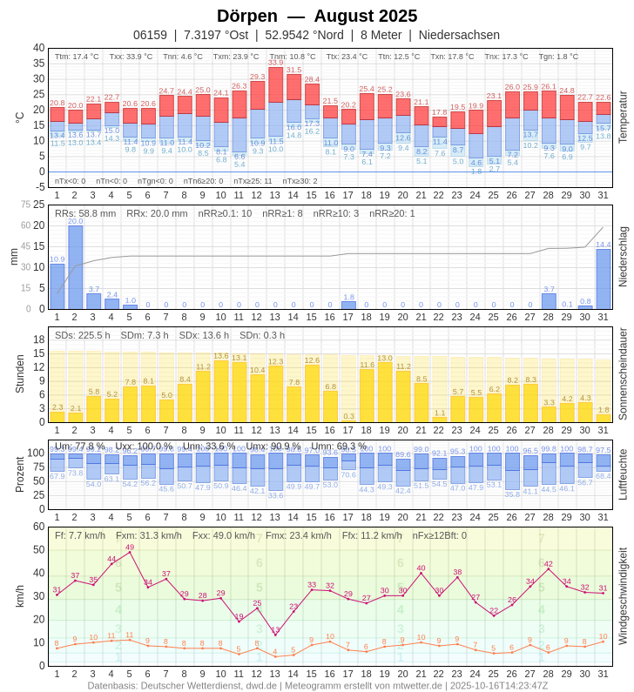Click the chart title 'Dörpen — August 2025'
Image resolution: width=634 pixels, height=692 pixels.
(317, 16)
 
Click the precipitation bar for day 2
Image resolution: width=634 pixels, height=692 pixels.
(76, 266)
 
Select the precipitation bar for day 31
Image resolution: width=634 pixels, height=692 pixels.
(604, 279)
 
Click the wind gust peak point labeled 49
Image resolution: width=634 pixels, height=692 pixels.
(130, 552)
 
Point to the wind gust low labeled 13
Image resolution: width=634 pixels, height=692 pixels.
(275, 635)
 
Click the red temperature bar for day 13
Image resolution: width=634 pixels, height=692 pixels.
(275, 84)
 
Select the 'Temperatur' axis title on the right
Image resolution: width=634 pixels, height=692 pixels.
(623, 117)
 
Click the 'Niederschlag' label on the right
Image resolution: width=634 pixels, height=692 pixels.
(623, 256)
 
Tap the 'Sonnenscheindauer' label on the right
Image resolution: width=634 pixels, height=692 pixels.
(623, 374)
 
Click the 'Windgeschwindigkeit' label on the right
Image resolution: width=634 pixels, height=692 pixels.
(623, 596)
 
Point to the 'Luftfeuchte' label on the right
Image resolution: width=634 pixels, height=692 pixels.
(623, 474)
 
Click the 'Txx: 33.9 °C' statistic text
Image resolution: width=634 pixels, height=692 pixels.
(131, 57)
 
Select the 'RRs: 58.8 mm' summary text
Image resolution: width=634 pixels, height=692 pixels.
(85, 213)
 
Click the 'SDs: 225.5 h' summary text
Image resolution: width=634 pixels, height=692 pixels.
(83, 335)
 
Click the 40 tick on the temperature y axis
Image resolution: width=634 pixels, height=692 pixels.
(39, 48)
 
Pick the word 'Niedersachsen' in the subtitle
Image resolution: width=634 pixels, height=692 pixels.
(459, 35)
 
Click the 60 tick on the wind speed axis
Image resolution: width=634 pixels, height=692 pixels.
(39, 527)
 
